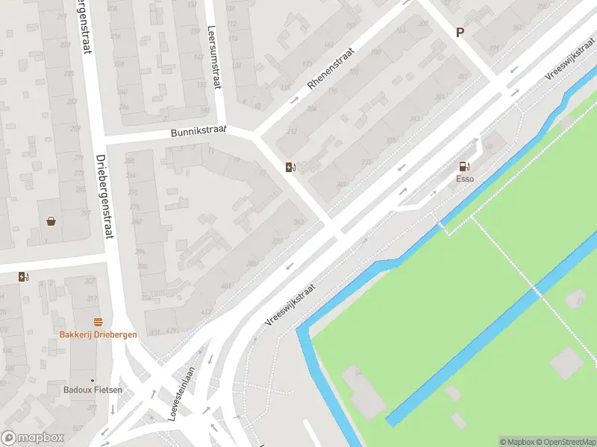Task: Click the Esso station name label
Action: click(464, 179)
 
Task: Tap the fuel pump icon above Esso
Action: click(464, 167)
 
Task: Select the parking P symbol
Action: click(460, 32)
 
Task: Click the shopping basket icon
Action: click(51, 221)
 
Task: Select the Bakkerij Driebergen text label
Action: click(99, 335)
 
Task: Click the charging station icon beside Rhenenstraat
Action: click(290, 167)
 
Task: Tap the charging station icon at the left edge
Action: click(23, 276)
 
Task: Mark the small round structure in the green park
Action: click(575, 299)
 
